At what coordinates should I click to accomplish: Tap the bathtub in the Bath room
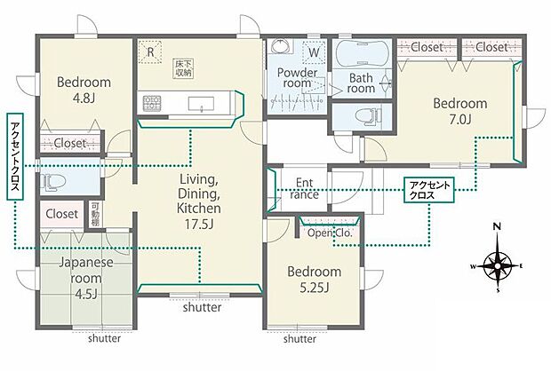361,54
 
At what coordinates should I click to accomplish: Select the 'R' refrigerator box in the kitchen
150,52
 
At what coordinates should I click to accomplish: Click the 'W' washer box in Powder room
314,52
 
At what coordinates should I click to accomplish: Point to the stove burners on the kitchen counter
151,103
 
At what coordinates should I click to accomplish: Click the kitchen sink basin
201,104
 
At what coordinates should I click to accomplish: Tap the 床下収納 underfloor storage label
184,68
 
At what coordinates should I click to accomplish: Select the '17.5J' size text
199,224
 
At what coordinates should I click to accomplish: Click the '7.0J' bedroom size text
459,119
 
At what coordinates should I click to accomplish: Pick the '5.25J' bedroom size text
314,288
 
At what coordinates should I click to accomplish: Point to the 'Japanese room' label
85,271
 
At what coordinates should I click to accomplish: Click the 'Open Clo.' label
330,233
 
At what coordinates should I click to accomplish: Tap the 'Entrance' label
304,188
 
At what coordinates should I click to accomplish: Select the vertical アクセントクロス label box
15,156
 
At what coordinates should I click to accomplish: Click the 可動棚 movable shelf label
95,214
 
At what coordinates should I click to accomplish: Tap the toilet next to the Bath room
368,116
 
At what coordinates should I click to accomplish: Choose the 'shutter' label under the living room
202,307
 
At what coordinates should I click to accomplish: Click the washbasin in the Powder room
280,45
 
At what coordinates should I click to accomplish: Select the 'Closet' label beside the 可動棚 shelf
62,214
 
